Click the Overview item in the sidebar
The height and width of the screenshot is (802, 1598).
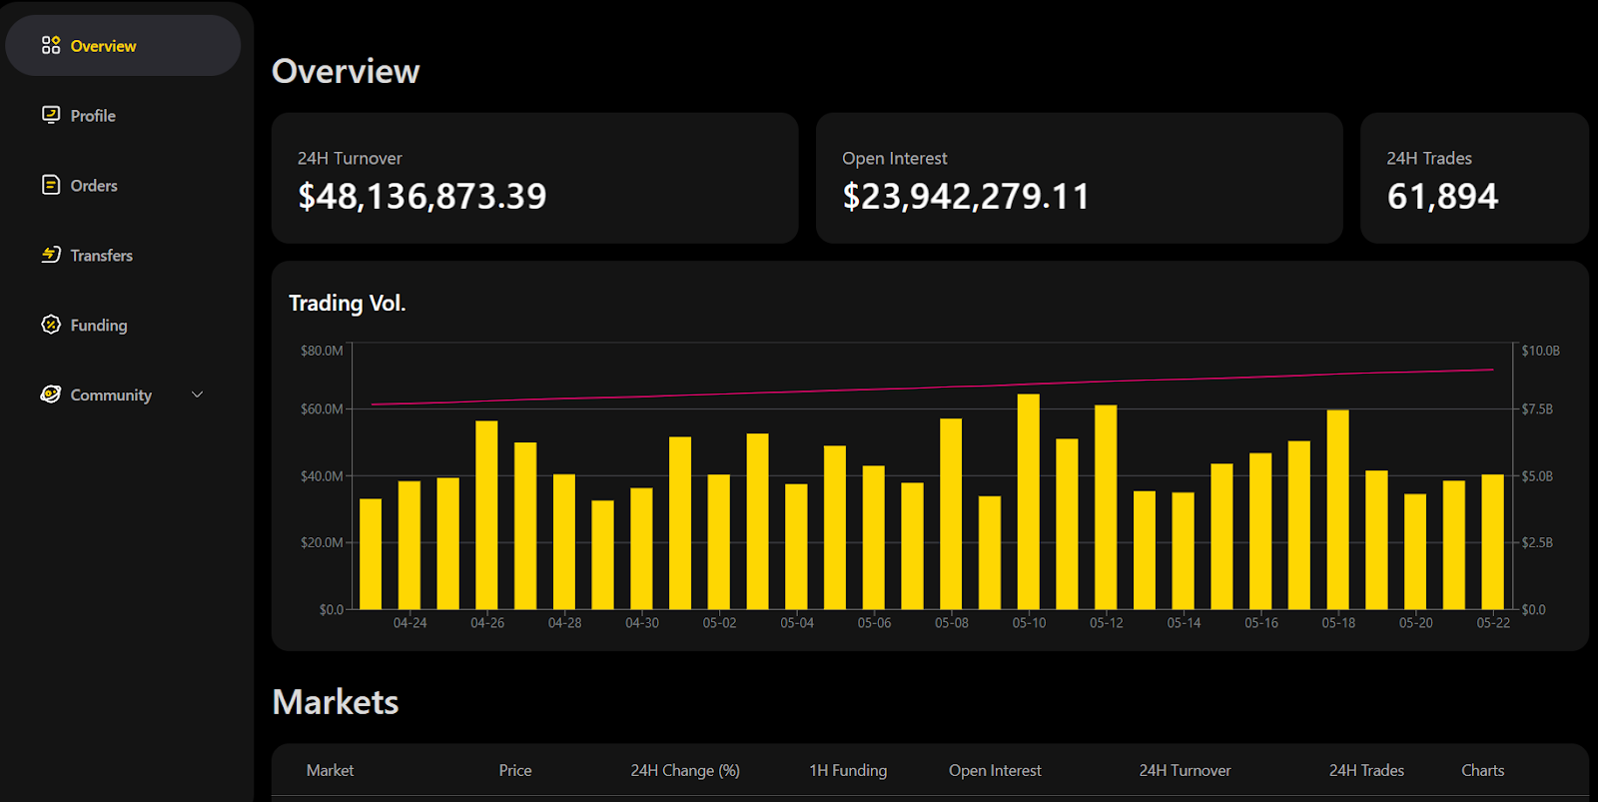point(103,46)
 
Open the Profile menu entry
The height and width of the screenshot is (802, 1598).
point(92,116)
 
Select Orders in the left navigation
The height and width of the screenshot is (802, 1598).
point(93,186)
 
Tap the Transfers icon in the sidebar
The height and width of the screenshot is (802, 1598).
point(51,255)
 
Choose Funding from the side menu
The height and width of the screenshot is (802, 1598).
point(98,326)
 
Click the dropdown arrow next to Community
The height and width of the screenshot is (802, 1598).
point(198,395)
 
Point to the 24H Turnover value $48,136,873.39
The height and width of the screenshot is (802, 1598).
point(422,197)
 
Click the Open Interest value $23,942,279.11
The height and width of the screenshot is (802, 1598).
point(966,197)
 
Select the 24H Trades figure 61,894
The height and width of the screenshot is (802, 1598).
point(1442,197)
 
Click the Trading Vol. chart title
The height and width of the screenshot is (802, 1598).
point(347,304)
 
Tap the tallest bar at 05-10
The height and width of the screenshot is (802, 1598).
point(1029,499)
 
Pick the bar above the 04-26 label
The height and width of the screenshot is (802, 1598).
point(486,514)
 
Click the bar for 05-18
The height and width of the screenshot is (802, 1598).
point(1338,509)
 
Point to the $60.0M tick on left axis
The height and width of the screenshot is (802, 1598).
point(322,409)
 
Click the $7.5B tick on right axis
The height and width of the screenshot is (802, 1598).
point(1537,409)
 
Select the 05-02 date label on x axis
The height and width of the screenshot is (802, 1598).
point(719,623)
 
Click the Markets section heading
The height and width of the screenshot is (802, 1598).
point(336,702)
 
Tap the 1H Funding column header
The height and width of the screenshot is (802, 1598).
point(848,771)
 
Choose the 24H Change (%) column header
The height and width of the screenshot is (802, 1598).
point(685,771)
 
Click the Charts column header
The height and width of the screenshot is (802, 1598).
point(1482,771)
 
